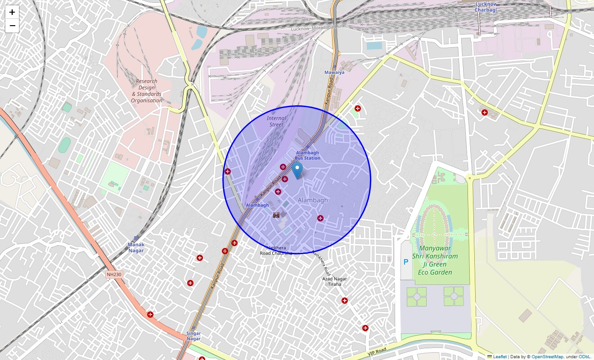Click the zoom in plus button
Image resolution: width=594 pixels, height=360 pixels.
(12, 12)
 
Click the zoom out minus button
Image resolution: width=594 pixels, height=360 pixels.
(12, 26)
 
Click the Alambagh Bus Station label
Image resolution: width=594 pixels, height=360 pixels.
(308, 155)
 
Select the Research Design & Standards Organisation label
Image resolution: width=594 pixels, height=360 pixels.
(147, 91)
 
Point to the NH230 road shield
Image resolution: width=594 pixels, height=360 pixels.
(114, 274)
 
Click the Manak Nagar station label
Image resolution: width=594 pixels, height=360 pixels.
(135, 247)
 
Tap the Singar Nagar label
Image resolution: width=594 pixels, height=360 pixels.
(193, 336)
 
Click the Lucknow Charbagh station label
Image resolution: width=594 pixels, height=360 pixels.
(486, 7)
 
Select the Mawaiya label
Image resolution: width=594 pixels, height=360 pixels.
(334, 72)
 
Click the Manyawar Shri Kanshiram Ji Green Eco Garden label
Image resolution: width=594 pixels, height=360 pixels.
(435, 260)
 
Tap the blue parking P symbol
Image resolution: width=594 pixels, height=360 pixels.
(405, 262)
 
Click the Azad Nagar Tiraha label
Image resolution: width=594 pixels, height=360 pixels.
(334, 281)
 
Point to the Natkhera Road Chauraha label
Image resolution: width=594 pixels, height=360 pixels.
(276, 251)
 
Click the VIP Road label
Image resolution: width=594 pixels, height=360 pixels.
(377, 351)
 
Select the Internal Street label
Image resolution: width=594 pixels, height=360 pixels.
(276, 121)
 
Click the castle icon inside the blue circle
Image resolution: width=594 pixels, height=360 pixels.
(276, 215)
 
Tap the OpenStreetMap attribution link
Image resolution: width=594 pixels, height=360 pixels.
(547, 357)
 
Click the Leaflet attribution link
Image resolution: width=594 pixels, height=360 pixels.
(499, 357)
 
